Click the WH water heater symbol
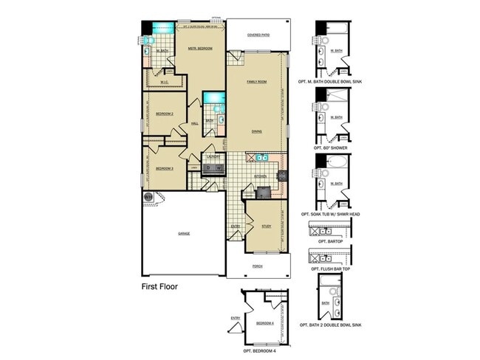point(148,196)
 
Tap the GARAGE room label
point(183,234)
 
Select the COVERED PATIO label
point(258,35)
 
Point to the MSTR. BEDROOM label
point(199,49)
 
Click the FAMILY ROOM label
point(256,81)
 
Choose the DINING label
point(256,131)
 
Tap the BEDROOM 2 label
point(164,114)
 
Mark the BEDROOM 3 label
point(164,168)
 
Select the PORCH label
point(257,266)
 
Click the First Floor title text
point(160,286)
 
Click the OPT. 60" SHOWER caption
point(335,148)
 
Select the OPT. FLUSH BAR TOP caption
point(335,270)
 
